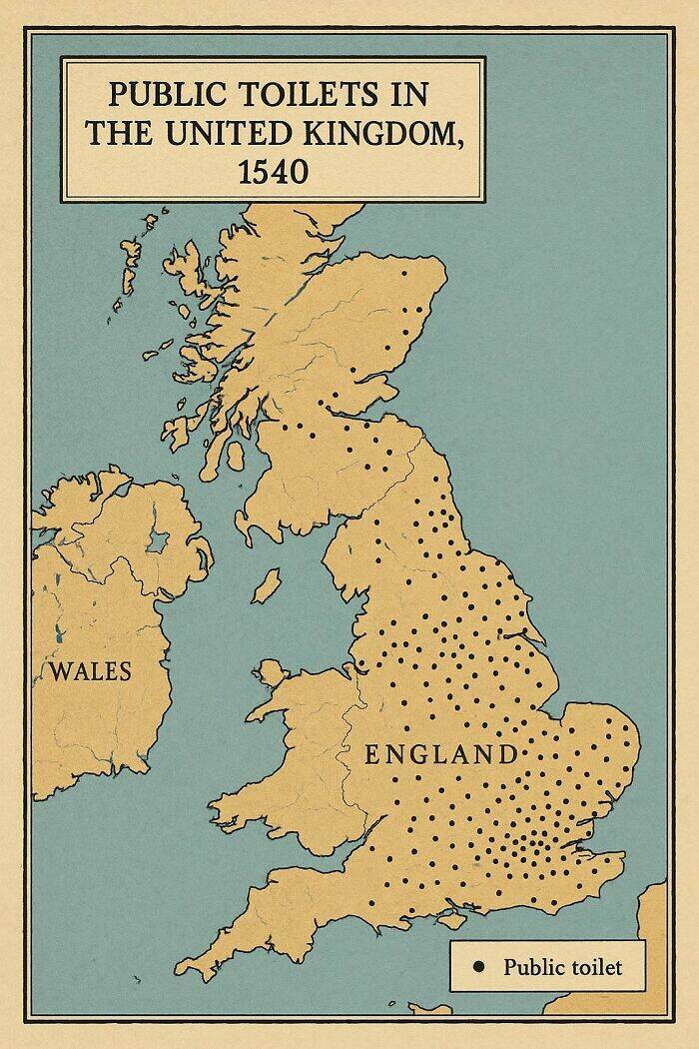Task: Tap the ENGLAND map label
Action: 440,754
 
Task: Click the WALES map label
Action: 90,670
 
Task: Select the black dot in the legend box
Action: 478,966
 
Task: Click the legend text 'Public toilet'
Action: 562,966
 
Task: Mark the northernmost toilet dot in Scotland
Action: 405,272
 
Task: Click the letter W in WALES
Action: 58,670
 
